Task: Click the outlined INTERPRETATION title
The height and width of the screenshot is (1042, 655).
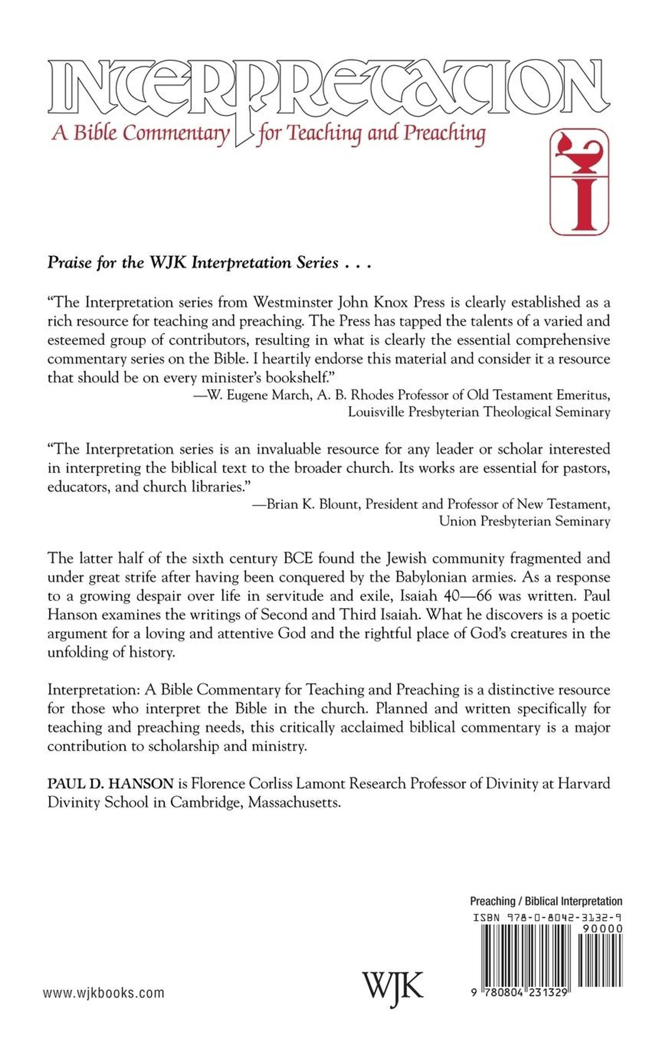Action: click(329, 87)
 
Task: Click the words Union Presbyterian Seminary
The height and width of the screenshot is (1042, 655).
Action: click(524, 521)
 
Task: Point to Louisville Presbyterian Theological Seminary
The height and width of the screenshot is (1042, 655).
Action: click(479, 412)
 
